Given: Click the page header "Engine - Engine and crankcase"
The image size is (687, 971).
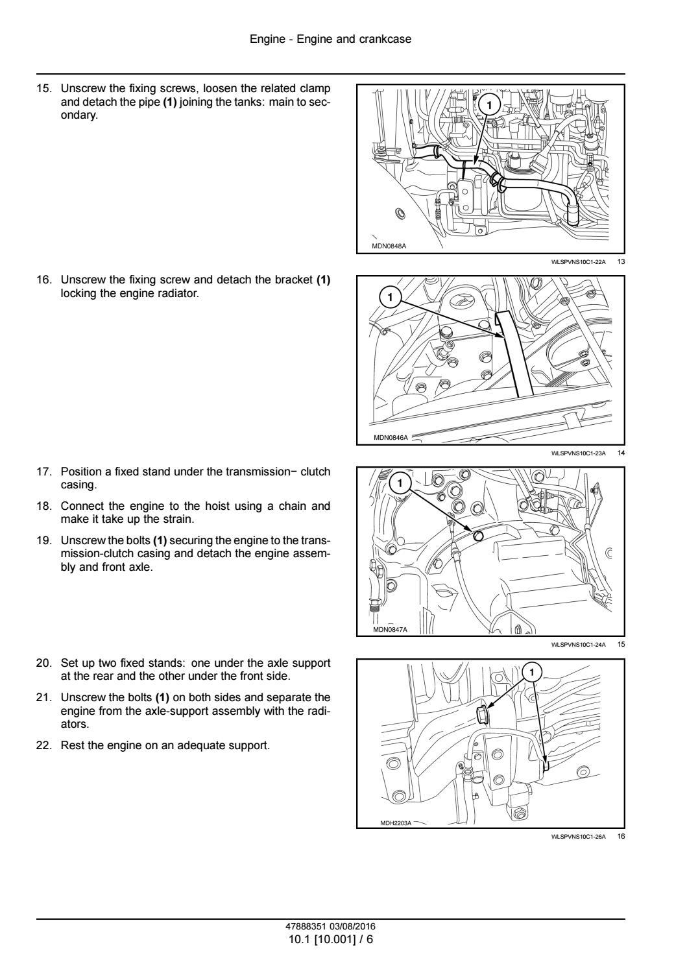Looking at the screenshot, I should click(330, 40).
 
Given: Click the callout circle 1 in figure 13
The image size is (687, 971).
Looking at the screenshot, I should click(489, 104).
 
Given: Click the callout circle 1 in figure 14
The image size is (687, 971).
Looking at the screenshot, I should click(390, 298).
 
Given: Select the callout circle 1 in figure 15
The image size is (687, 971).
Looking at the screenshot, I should click(400, 483).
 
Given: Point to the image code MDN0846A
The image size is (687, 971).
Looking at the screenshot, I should click(391, 438).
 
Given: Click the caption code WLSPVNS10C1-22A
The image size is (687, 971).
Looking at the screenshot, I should click(577, 262).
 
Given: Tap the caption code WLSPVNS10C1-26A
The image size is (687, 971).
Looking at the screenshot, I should click(577, 837).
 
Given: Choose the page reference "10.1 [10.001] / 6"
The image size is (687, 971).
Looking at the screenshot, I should click(330, 939).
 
